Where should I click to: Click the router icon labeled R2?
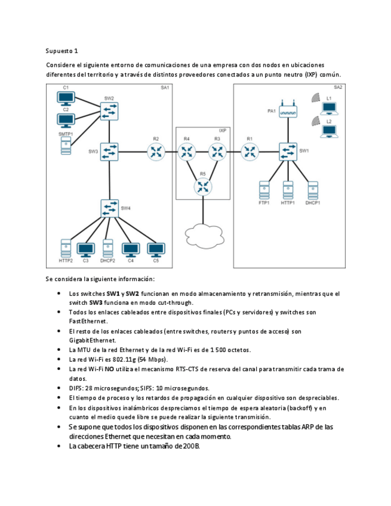(156, 152)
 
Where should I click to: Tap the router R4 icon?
(187, 152)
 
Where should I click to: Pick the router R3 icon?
(217, 152)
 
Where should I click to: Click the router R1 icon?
(250, 152)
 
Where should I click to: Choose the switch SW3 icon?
(109, 152)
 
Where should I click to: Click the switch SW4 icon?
(109, 208)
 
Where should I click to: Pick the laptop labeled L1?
(329, 108)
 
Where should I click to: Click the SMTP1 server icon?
(65, 146)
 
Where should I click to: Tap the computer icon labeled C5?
(156, 249)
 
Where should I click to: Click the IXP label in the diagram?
(223, 129)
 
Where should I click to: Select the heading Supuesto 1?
(61, 51)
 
